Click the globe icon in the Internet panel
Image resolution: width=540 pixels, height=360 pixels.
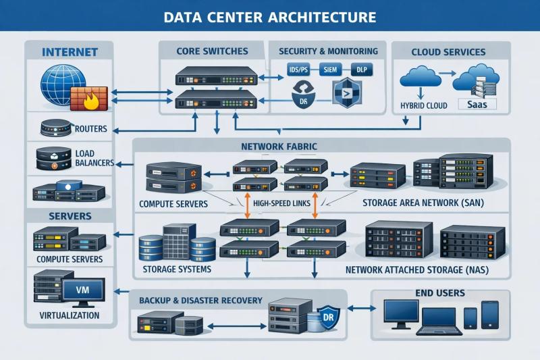pos(59,83)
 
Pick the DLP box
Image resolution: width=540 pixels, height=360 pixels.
pos(365,70)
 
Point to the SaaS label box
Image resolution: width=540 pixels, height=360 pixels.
pos(477,105)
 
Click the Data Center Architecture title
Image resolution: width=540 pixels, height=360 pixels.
pos(270,16)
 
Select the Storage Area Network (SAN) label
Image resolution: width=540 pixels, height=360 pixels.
pos(423,203)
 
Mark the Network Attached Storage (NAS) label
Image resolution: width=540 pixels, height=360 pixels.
pos(417,270)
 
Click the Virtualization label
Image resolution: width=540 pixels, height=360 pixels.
pos(70,315)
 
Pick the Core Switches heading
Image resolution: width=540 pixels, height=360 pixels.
pos(212,51)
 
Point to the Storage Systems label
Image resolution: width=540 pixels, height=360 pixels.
pos(177,269)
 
